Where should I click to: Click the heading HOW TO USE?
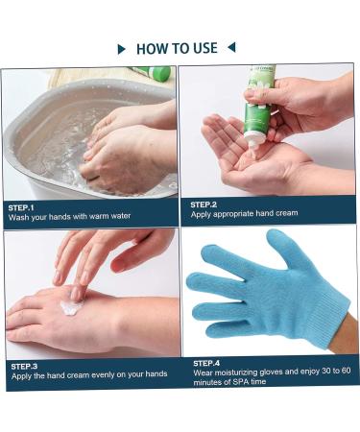(x=180, y=48)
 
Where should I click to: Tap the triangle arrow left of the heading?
(x=121, y=48)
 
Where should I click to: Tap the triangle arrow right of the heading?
(x=231, y=47)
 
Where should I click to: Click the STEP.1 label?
(x=21, y=207)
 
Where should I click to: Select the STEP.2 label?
(x=204, y=204)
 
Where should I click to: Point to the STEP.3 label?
(x=24, y=366)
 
